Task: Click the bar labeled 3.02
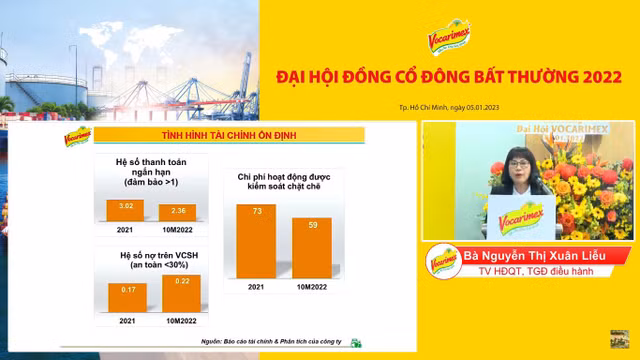[126, 210]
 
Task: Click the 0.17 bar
[126, 296]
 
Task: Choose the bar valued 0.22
[180, 293]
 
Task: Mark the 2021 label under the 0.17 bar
[126, 320]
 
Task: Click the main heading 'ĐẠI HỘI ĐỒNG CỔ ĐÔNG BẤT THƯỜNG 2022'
[448, 74]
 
